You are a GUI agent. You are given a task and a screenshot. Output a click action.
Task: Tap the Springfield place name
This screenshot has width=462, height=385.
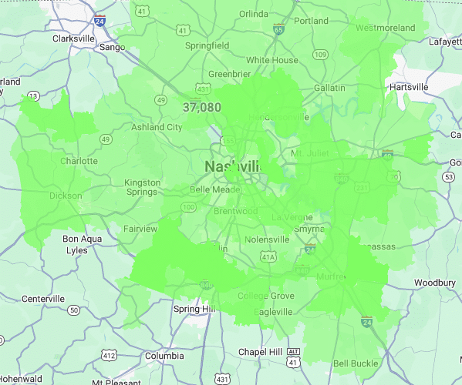click(x=207, y=45)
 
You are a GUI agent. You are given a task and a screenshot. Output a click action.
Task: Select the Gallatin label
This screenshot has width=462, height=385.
click(x=329, y=88)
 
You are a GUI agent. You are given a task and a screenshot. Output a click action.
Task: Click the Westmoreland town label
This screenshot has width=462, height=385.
click(x=386, y=28)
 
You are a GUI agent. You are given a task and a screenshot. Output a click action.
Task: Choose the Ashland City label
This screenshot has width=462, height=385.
click(x=157, y=127)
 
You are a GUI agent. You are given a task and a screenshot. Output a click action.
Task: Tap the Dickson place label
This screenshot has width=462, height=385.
click(x=66, y=196)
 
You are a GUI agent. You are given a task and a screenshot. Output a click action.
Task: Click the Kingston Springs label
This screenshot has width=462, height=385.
click(x=143, y=188)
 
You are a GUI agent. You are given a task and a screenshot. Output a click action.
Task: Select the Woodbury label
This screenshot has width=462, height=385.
click(x=435, y=283)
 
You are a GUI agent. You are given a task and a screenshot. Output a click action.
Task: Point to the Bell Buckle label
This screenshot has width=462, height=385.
click(x=356, y=363)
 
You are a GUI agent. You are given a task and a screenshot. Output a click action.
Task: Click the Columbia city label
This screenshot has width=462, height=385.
click(x=164, y=357)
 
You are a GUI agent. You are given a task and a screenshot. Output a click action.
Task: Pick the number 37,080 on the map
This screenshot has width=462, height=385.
click(x=202, y=107)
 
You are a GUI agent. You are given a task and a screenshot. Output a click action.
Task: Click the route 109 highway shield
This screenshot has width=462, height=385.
click(x=320, y=55)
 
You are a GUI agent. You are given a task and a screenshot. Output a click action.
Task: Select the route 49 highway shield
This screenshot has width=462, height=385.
click(x=160, y=100)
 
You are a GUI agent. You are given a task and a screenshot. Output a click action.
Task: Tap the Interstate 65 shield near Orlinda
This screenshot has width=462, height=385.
click(x=278, y=29)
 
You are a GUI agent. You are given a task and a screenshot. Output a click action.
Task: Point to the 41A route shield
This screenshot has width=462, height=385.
click(x=268, y=256)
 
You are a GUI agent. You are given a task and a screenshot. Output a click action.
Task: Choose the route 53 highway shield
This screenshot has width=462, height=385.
click(x=448, y=177)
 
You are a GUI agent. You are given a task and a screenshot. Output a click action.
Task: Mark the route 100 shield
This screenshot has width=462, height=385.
click(x=188, y=207)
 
